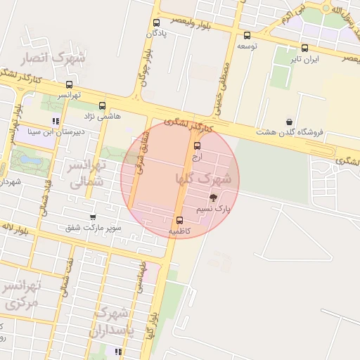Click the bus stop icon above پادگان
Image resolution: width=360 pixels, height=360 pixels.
[156, 22]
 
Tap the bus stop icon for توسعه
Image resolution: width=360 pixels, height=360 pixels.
[246, 35]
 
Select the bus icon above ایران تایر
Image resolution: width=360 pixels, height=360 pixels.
[304, 49]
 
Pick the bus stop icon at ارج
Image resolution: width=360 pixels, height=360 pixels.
[197, 146]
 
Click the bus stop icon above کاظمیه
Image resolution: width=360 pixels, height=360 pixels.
[179, 220]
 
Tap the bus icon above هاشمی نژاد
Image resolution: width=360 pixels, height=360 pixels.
[102, 105]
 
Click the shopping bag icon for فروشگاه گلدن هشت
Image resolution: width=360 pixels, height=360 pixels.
[290, 122]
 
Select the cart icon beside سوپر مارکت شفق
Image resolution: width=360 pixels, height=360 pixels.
[93, 217]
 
